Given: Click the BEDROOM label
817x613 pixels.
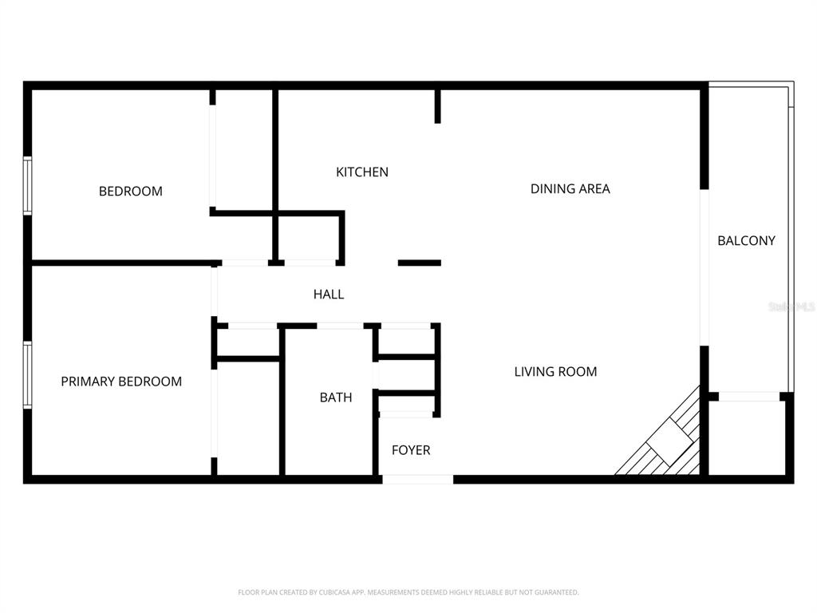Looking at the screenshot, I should (130, 192).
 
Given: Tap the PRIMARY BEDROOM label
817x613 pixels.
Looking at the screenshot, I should (121, 382).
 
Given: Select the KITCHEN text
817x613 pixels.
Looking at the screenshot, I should (362, 172).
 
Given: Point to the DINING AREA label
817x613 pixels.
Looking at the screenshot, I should (570, 189).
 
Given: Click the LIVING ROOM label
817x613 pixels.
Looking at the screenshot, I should (555, 372).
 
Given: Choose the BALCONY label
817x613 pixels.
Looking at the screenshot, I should (746, 240).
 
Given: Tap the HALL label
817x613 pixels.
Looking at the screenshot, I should (329, 295).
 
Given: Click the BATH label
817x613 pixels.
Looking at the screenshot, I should (336, 397).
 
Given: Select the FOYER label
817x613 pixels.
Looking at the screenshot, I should (411, 450).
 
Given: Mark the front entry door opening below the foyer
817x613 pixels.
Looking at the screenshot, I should (417, 479).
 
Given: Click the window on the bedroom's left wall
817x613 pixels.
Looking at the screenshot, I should (27, 185).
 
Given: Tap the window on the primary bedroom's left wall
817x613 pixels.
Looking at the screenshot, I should (27, 375).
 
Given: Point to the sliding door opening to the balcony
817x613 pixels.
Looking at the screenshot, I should (704, 267).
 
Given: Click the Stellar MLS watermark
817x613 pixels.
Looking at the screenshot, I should (791, 306).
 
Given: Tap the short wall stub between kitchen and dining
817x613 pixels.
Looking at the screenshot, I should (437, 106).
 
